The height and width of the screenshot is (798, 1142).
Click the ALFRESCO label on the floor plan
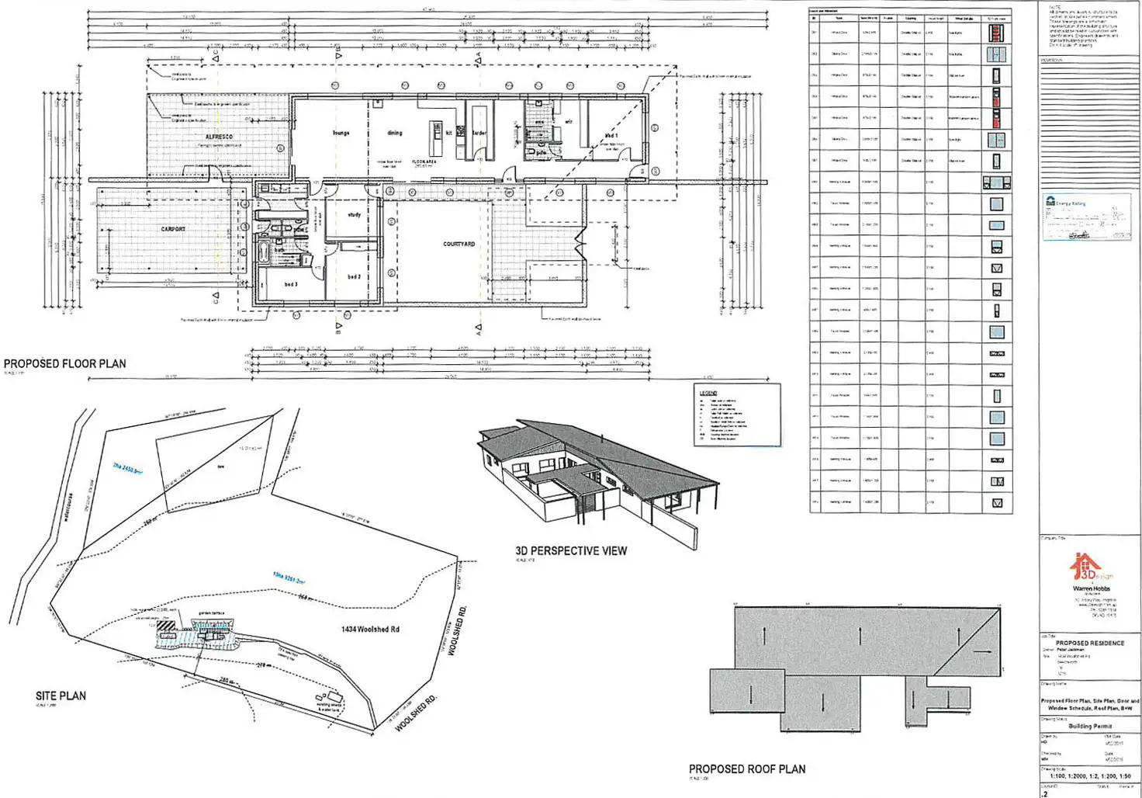(219, 137)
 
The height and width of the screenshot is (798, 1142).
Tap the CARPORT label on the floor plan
(173, 229)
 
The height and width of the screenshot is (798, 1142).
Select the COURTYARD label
(459, 244)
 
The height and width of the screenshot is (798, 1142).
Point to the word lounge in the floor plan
(341, 133)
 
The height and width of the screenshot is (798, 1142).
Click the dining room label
(395, 133)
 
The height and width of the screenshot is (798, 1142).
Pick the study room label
(355, 214)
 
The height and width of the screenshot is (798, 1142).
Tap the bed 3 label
(291, 284)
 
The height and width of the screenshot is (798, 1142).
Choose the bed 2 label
(354, 276)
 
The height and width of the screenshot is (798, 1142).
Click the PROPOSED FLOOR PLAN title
(64, 363)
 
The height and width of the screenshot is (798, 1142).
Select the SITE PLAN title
(61, 696)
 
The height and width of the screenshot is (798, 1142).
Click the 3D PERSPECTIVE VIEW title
(571, 550)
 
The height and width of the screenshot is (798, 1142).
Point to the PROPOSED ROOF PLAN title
(747, 769)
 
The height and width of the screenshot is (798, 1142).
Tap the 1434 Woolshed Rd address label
(370, 629)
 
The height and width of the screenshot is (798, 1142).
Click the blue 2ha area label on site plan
(127, 468)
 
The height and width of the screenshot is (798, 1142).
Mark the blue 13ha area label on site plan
(289, 578)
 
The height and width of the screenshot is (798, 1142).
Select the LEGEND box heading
(708, 393)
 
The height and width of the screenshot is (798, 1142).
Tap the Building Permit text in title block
(1090, 726)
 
